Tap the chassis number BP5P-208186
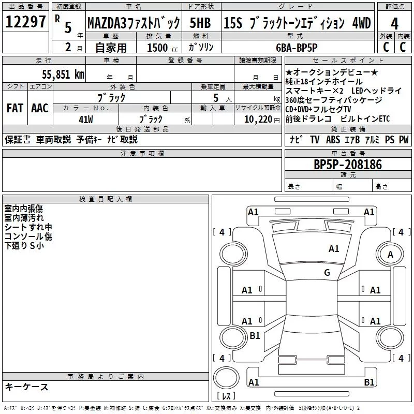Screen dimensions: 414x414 coord(348,165)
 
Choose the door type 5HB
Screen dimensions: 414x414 coord(200,23)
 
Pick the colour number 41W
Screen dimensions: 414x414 coord(85,119)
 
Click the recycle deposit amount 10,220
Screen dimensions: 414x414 coord(255,119)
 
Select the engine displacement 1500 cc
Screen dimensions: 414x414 coord(157,48)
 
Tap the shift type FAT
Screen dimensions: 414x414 coord(14,108)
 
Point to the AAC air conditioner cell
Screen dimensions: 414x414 coord(40,108)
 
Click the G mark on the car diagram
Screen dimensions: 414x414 coord(327,273)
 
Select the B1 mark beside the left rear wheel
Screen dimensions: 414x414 coord(255,336)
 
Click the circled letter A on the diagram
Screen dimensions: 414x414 coord(391,255)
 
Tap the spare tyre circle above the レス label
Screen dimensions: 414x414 coord(226,378)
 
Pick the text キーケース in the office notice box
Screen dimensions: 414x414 coord(27,387)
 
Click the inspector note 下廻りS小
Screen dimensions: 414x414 coord(24,246)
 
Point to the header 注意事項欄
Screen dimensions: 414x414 coord(142,154)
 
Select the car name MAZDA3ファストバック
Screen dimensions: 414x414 coord(134,23)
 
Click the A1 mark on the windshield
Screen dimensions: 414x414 coord(334,249)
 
